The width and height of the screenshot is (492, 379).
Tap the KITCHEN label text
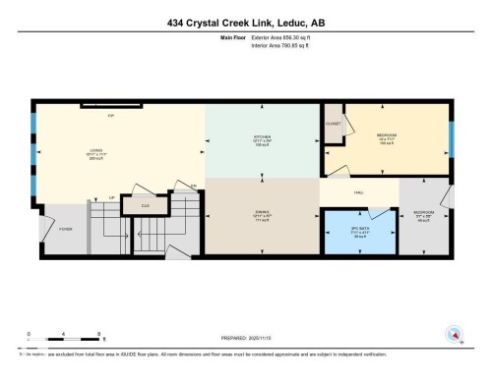coord(262,136)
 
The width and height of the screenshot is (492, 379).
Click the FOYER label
coord(65,228)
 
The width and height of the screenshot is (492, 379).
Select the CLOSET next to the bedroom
coord(334,125)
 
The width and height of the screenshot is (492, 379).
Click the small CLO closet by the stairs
coord(145,205)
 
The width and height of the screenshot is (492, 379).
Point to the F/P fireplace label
coord(110,114)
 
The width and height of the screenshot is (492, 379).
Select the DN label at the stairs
coord(194,185)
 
